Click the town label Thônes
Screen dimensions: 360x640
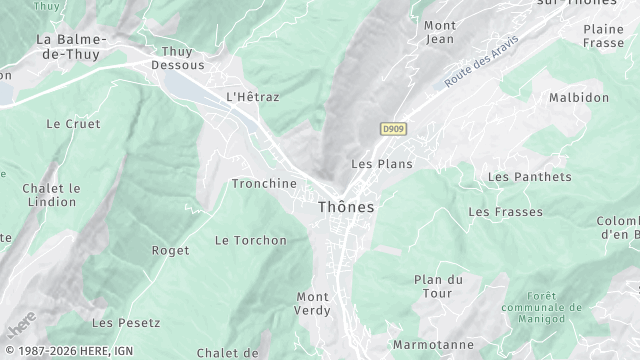pos(346,207)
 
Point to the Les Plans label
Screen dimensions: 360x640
pos(382,163)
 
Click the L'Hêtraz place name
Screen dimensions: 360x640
pos(253,97)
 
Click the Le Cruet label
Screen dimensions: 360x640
pos(67,124)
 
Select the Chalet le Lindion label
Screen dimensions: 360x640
pos(51,195)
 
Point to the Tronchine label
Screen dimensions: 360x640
pos(264,184)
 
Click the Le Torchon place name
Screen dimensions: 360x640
pos(251,240)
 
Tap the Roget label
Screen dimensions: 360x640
pos(170,250)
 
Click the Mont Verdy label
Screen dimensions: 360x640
pos(312,303)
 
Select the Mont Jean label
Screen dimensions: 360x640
pos(439,32)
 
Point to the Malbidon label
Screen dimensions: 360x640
pos(579,97)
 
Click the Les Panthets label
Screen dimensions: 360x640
pos(529,177)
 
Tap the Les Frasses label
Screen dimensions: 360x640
pos(505,212)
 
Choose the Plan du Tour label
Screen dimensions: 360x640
pos(439,286)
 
